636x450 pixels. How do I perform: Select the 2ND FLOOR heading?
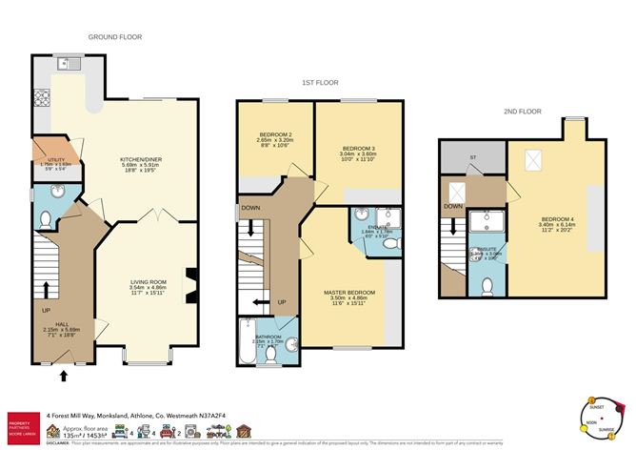pyautogui.click(x=522, y=112)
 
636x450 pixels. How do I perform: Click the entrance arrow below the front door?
pyautogui.click(x=64, y=376)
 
